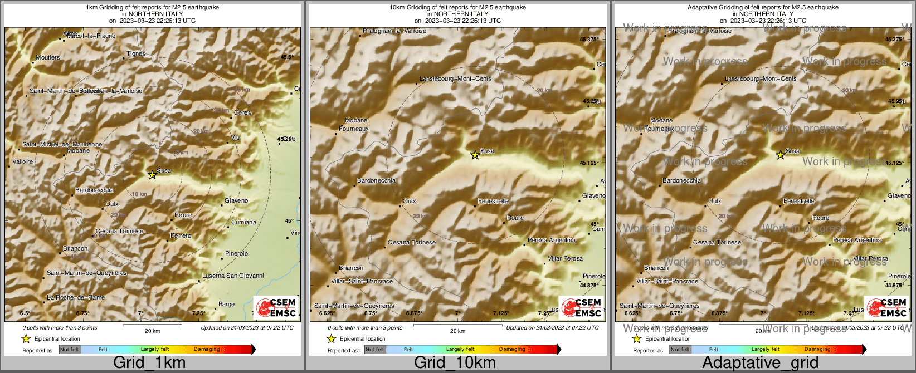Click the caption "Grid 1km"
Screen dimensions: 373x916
(149, 362)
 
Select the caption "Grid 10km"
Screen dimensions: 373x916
(455, 362)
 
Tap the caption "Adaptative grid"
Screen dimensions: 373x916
(760, 362)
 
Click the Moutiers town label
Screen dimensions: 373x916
(47, 57)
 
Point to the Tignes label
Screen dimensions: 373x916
(136, 54)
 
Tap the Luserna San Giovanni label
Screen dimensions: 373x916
(233, 276)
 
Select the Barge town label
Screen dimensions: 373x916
(226, 304)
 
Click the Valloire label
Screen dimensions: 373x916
(23, 161)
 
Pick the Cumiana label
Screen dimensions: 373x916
(244, 222)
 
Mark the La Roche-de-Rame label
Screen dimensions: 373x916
(76, 297)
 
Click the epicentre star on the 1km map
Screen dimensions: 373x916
(152, 175)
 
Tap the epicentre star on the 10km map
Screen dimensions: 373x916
(475, 155)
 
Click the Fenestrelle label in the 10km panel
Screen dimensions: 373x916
(494, 201)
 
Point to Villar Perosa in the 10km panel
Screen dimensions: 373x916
(565, 258)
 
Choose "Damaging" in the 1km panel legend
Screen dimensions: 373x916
(207, 349)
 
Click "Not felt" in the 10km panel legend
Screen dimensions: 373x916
(375, 350)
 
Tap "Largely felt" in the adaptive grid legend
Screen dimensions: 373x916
(766, 349)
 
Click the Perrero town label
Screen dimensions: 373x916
(181, 235)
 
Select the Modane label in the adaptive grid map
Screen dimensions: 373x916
(661, 120)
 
